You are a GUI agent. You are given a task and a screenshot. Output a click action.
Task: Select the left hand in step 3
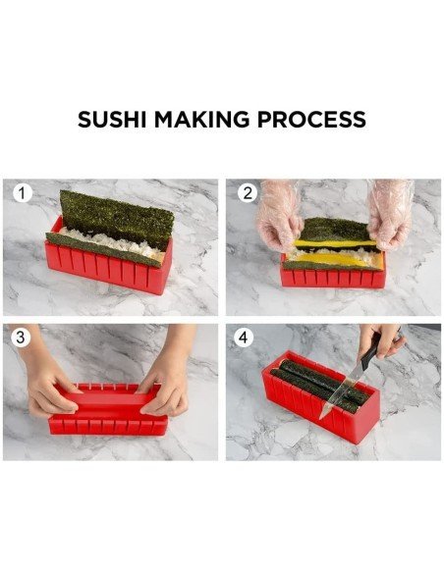tap(49, 389)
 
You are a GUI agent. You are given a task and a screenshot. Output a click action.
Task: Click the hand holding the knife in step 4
tap(381, 340)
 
